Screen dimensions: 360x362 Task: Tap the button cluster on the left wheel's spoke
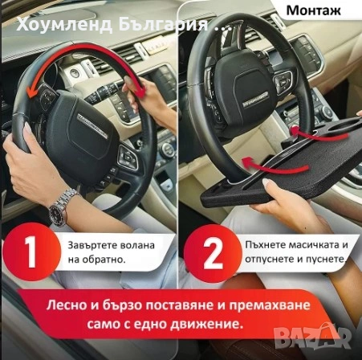pyautogui.click(x=126, y=155)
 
